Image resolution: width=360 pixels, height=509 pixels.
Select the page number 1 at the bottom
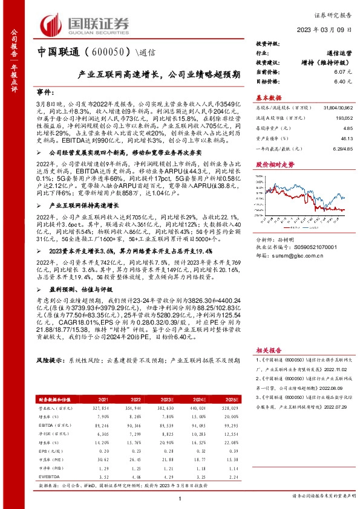coord(180,498)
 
